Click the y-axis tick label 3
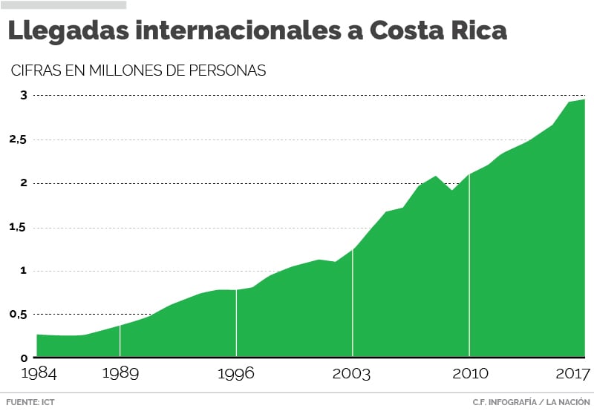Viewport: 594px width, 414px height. (x=23, y=95)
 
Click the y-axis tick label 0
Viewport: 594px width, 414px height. (x=23, y=358)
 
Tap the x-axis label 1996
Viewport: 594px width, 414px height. (x=236, y=373)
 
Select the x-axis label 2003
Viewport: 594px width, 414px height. (x=353, y=373)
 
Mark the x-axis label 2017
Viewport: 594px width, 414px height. (x=572, y=373)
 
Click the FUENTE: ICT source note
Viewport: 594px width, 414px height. (x=30, y=402)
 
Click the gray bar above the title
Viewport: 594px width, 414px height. (x=63, y=4)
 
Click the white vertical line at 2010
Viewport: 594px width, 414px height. (x=469, y=267)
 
